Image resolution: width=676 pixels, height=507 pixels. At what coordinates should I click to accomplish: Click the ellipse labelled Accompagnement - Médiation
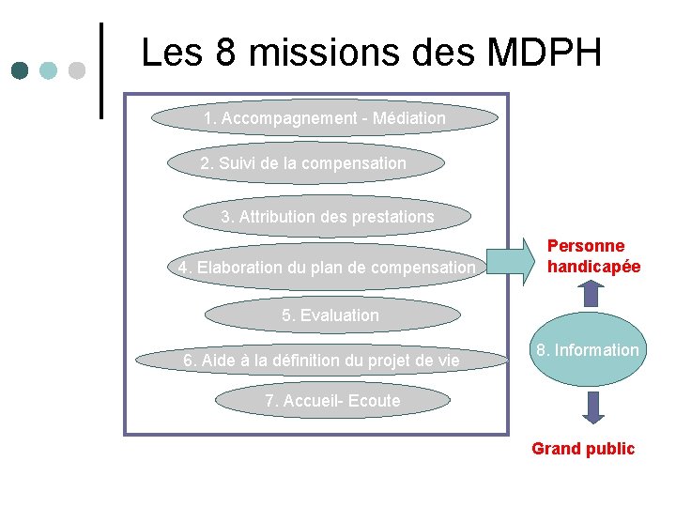[325, 119]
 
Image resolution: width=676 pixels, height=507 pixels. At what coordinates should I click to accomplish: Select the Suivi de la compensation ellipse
[304, 163]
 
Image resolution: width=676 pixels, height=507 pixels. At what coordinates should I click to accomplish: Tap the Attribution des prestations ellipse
[327, 217]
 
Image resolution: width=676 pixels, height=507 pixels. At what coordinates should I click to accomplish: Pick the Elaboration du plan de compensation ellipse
[327, 268]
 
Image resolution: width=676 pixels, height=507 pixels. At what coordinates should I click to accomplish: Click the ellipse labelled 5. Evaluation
[330, 315]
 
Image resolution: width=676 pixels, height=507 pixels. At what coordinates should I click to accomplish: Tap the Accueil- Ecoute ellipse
[332, 401]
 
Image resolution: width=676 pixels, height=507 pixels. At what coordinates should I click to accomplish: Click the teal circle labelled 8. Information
[588, 351]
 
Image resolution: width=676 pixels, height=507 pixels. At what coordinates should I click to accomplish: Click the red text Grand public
[583, 449]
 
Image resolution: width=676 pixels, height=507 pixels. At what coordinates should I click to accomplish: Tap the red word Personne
[586, 246]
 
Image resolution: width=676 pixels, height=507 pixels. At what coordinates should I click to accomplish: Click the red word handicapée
[593, 267]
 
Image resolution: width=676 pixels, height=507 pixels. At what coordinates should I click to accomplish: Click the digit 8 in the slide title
[226, 54]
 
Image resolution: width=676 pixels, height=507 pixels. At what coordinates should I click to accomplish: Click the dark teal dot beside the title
[22, 70]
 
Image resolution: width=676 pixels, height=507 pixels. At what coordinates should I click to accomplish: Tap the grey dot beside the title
[77, 70]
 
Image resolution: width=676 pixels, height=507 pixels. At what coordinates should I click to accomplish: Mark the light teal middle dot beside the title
[49, 70]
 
